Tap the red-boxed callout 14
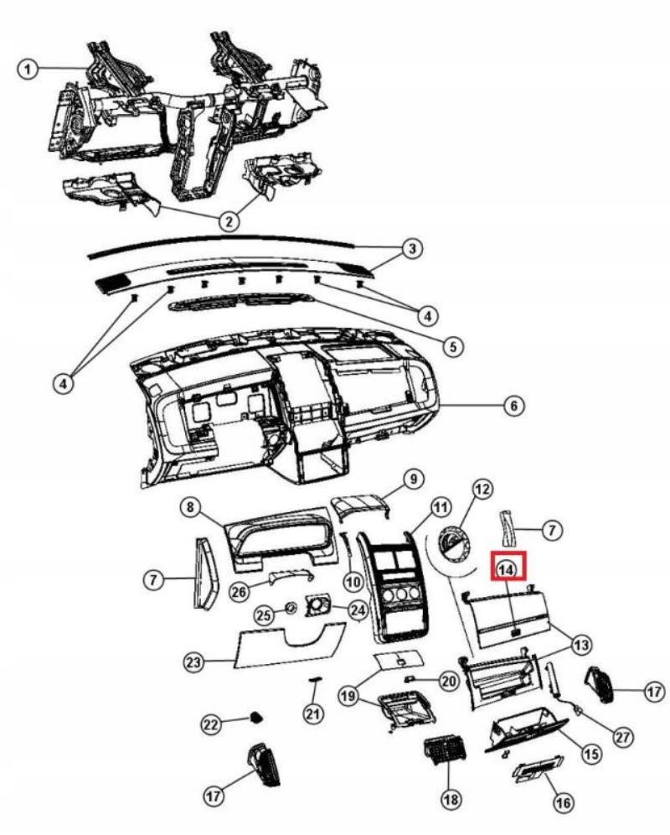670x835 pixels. pos(507,568)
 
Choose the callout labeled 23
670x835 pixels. pos(195,661)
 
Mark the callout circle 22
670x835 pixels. pos(212,723)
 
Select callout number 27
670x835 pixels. pos(621,736)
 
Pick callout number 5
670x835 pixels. pos(453,345)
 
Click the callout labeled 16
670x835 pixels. pos(563,802)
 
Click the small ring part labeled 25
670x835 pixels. pos(291,607)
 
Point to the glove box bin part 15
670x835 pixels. pos(523,728)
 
